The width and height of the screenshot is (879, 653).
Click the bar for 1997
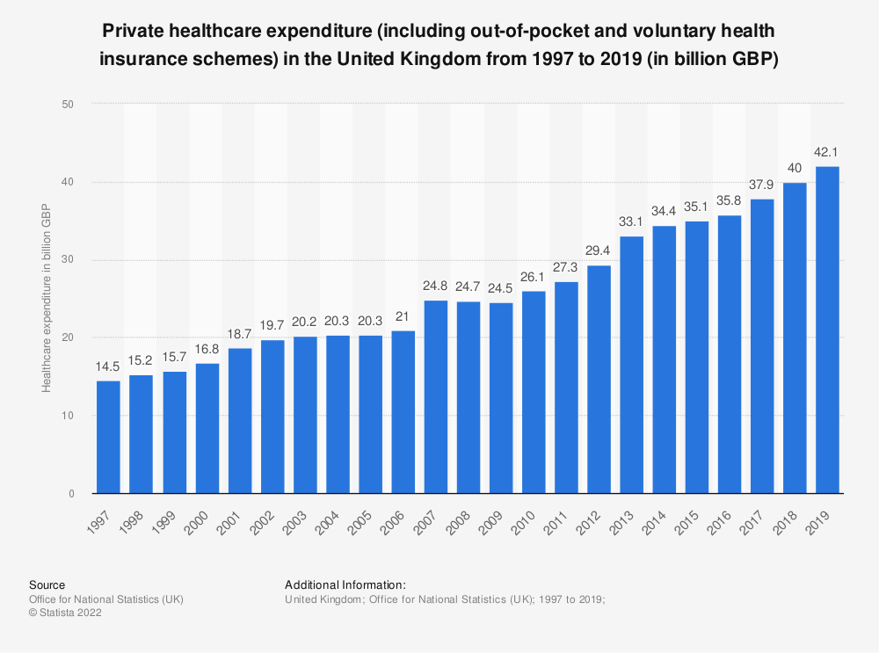pos(108,437)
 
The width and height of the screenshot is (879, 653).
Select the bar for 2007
pos(435,396)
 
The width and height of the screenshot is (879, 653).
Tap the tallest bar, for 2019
pos(828,330)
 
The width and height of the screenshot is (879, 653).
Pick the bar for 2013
pos(632,365)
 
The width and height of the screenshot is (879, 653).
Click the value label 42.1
pos(828,155)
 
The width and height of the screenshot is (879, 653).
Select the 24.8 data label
pos(435,288)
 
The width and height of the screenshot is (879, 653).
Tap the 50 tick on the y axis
pos(67,104)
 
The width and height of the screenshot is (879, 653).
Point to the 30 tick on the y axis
pos(67,260)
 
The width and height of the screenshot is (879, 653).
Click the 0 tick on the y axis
pos(69,494)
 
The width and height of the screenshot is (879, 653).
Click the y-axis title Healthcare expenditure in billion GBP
pos(46,298)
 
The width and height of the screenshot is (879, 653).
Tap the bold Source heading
pos(47,584)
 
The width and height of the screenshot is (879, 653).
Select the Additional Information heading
pos(345,584)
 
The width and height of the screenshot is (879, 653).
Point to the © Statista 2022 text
pos(65,613)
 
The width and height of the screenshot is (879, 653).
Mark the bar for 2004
pos(337,414)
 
